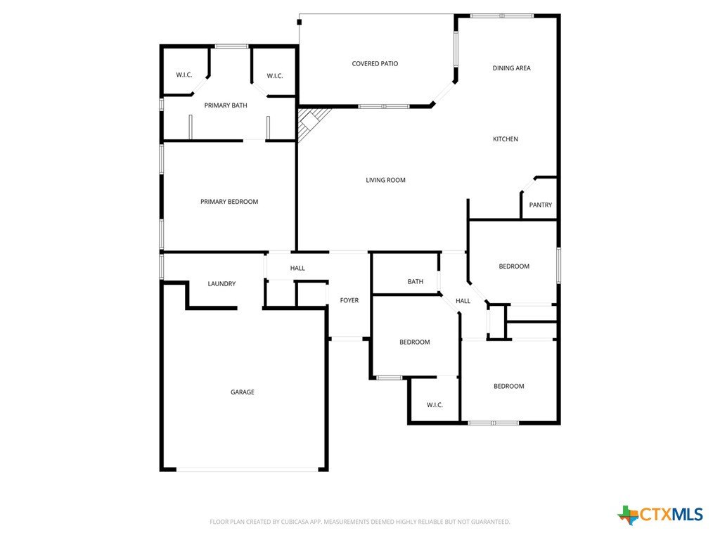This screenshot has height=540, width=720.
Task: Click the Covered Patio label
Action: tap(375, 63)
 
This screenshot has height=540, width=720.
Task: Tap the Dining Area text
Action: tap(512, 68)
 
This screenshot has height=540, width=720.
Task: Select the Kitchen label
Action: tap(506, 139)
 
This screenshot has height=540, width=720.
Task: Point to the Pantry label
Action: tap(541, 205)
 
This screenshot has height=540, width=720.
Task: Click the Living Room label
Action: tap(386, 180)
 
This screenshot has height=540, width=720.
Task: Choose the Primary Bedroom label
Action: tap(229, 202)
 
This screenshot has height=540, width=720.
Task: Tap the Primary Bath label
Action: tap(226, 105)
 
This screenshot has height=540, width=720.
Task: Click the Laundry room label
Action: tap(221, 284)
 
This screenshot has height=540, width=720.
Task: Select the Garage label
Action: tap(243, 392)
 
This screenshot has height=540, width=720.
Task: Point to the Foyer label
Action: tap(349, 300)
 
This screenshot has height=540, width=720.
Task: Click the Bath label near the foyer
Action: tap(416, 281)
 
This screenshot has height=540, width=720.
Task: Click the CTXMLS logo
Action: tap(660, 514)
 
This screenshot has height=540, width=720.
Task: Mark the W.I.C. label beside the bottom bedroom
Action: tap(435, 405)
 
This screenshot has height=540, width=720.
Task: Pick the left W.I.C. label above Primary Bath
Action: tap(184, 75)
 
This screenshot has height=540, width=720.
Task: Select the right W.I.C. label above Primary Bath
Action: tap(275, 76)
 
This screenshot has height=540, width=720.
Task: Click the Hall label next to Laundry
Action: tap(297, 268)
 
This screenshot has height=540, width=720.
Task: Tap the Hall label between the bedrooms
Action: tap(463, 301)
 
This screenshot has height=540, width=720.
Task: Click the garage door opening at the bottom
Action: tap(247, 469)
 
